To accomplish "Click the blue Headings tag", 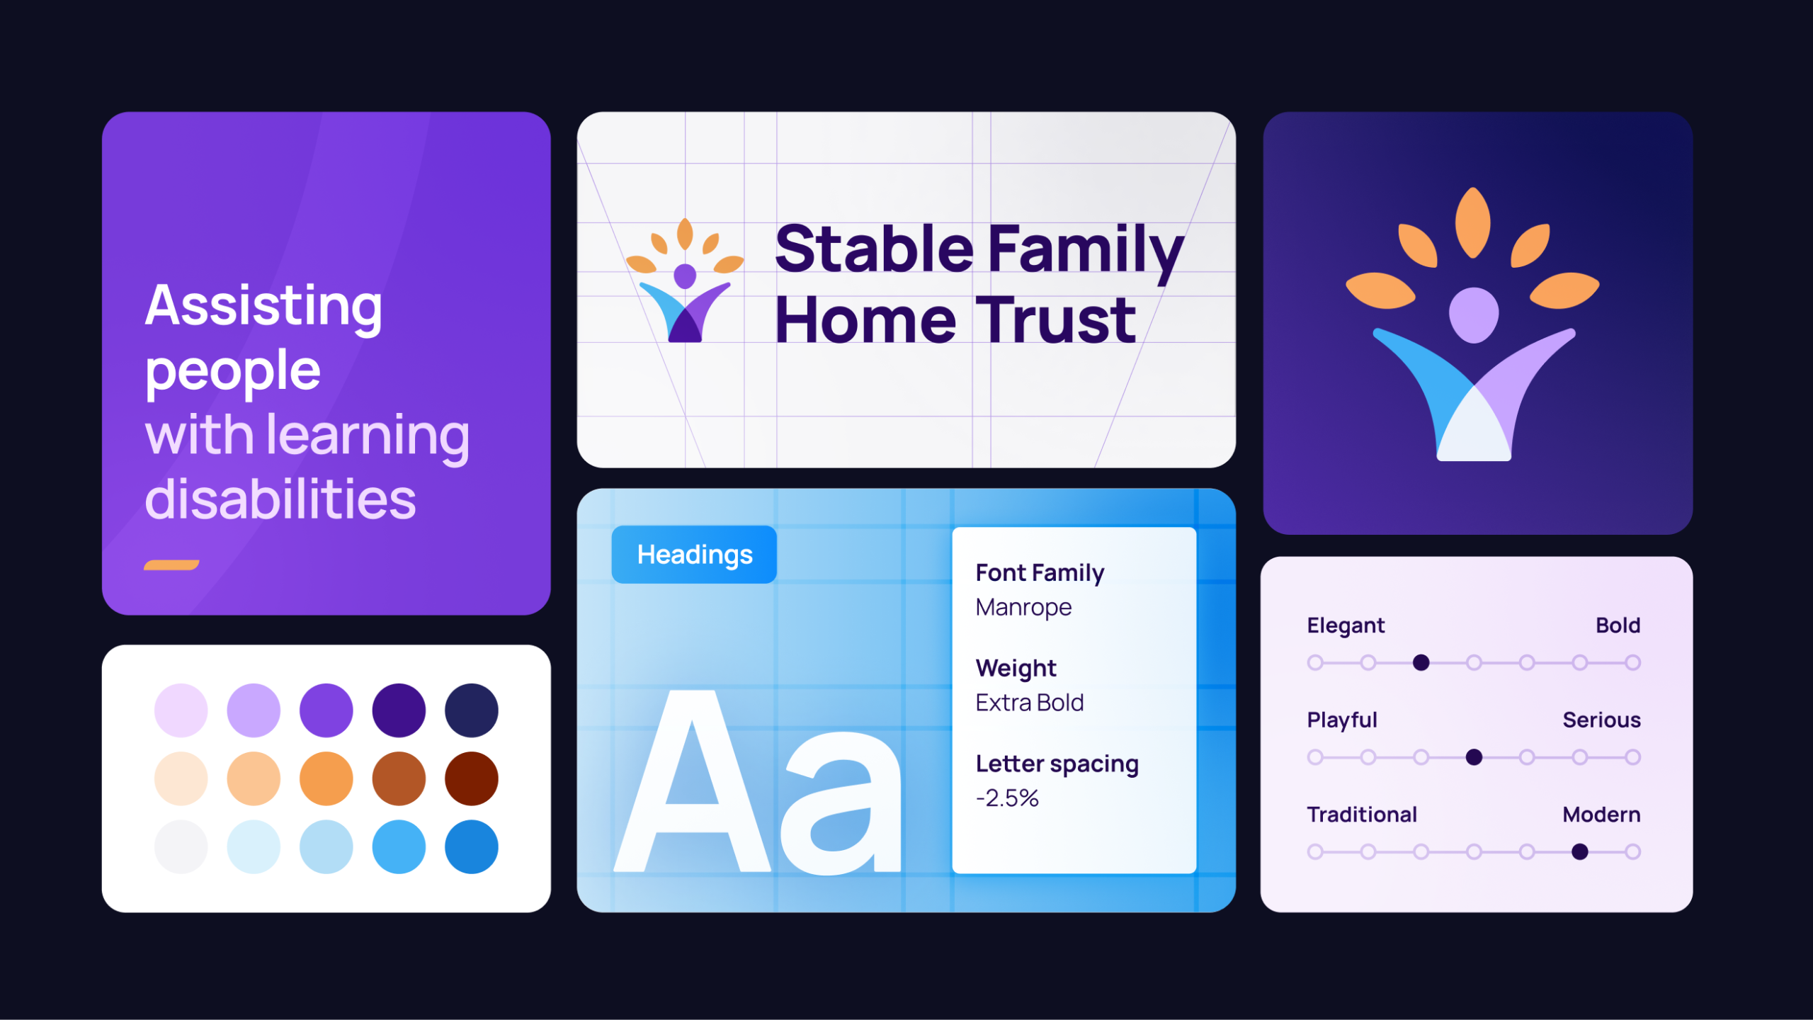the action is [x=694, y=555].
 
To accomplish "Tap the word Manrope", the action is [x=1023, y=607].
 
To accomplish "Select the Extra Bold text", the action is [x=1030, y=703].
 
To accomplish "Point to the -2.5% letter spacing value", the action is [x=1007, y=798].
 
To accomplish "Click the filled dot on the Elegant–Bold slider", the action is [x=1421, y=662].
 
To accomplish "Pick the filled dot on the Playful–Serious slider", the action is [x=1474, y=757].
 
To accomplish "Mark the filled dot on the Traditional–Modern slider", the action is [x=1579, y=851].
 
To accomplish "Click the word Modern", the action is [x=1601, y=815].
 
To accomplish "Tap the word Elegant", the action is [x=1346, y=626].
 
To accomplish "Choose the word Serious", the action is [x=1601, y=720].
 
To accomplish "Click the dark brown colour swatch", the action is [x=472, y=778].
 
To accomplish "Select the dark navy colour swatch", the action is [x=472, y=710].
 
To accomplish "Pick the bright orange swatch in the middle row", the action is [x=326, y=778].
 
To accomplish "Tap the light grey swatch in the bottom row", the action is [x=181, y=846].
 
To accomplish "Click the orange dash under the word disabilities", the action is [x=171, y=565].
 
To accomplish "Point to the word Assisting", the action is [x=263, y=306].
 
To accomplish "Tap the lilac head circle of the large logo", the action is [x=1474, y=314].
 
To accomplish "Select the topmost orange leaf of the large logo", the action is [x=1473, y=222].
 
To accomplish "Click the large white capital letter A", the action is [x=692, y=781].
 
